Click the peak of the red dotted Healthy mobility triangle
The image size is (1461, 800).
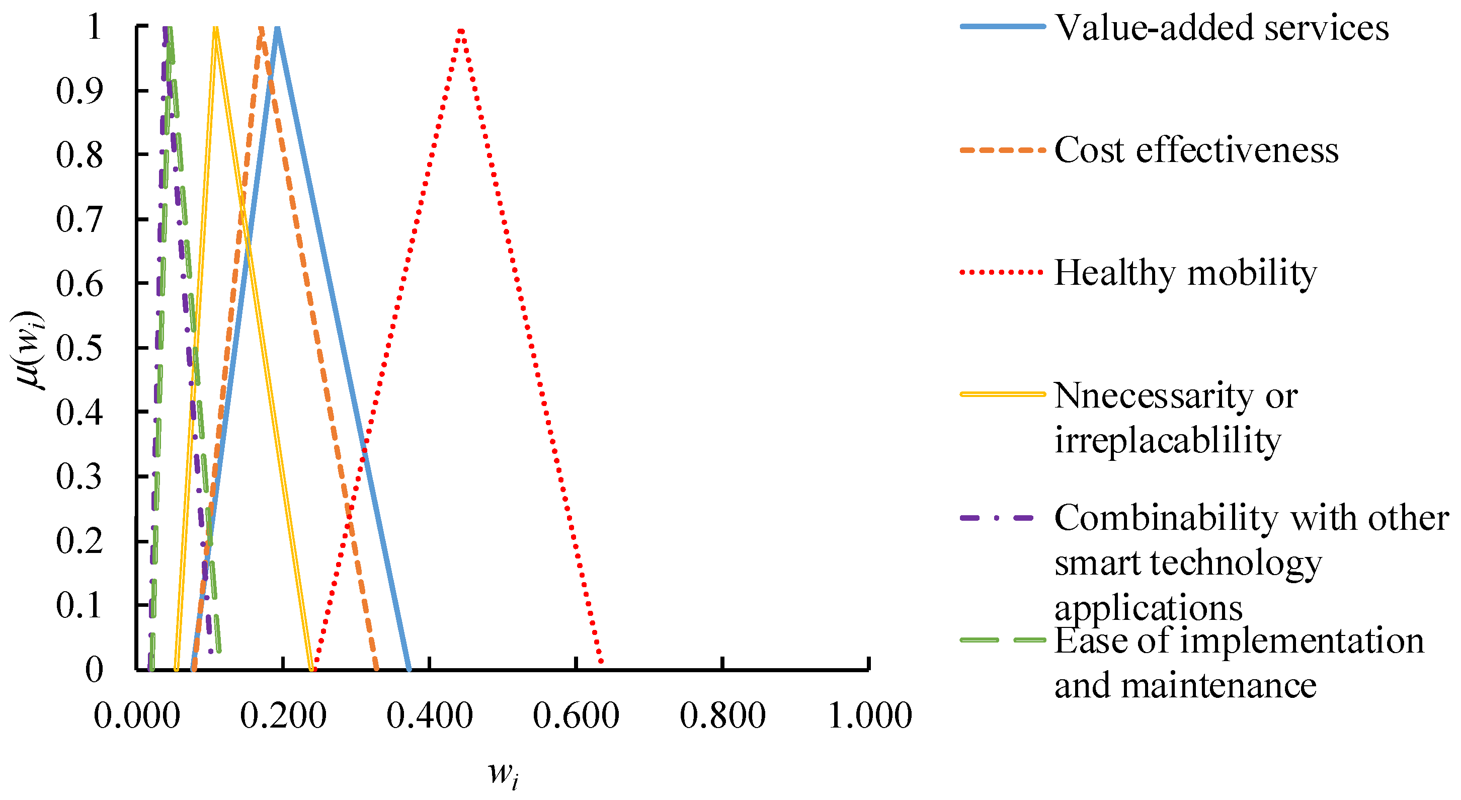click(462, 30)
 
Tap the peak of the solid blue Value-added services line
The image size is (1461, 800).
click(277, 28)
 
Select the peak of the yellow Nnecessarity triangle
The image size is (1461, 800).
click(215, 28)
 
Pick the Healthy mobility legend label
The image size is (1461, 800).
click(1185, 274)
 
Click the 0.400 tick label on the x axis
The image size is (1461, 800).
click(429, 715)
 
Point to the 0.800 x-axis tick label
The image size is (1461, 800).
click(722, 715)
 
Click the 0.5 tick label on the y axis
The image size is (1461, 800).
click(79, 348)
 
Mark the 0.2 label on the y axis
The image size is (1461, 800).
click(79, 541)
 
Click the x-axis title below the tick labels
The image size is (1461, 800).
click(503, 774)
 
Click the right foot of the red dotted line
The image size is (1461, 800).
click(601, 662)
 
